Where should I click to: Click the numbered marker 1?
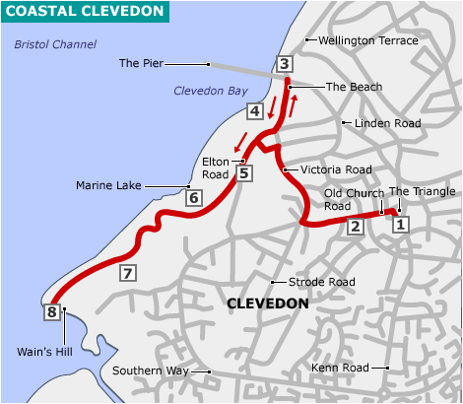400,225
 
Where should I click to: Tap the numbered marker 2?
356,227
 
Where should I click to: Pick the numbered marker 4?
254,111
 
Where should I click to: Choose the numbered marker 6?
193,198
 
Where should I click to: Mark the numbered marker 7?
126,273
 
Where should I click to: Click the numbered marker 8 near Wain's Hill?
51,312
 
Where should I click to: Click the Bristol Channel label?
56,45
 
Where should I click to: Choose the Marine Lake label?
108,185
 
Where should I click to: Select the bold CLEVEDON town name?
267,304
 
